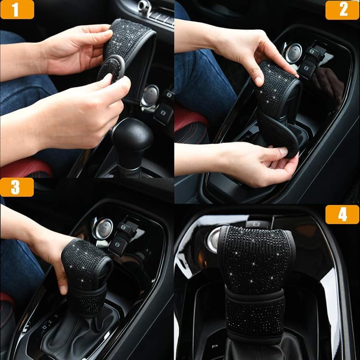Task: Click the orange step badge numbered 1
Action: pyautogui.click(x=17, y=9)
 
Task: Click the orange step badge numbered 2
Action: pyautogui.click(x=342, y=9)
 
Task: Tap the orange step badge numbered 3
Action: pyautogui.click(x=17, y=187)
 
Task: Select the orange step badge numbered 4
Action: pyautogui.click(x=342, y=214)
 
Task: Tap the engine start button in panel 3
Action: pyautogui.click(x=103, y=228)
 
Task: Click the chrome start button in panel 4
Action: pyautogui.click(x=214, y=240)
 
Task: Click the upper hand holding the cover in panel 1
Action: pyautogui.click(x=74, y=49)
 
